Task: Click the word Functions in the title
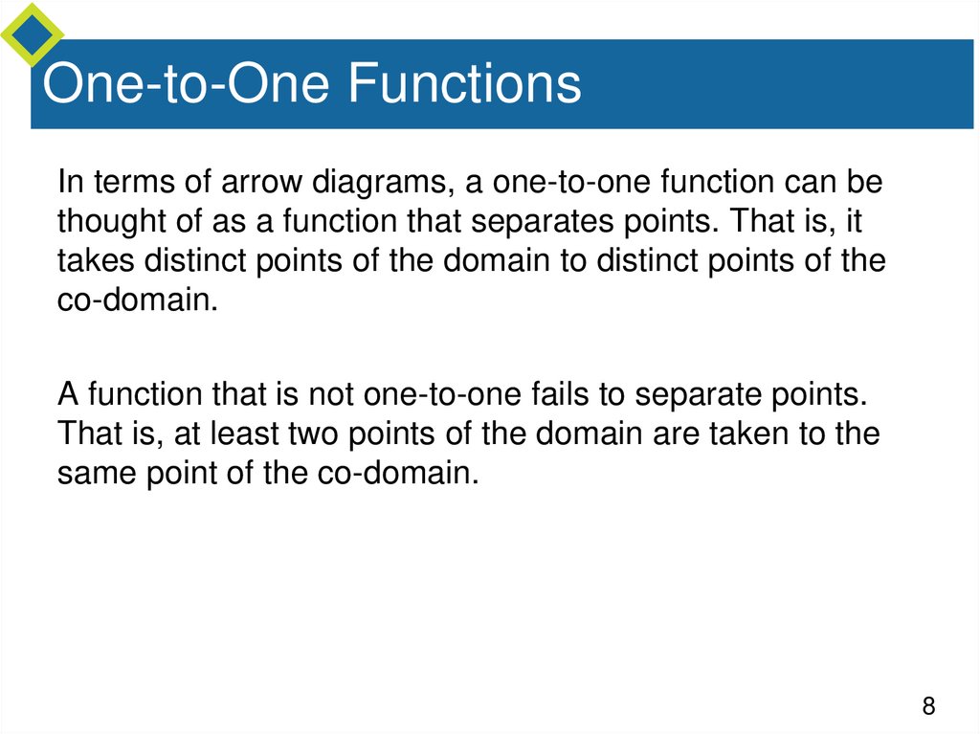click(463, 83)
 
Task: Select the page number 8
click(927, 707)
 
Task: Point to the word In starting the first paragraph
click(69, 182)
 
